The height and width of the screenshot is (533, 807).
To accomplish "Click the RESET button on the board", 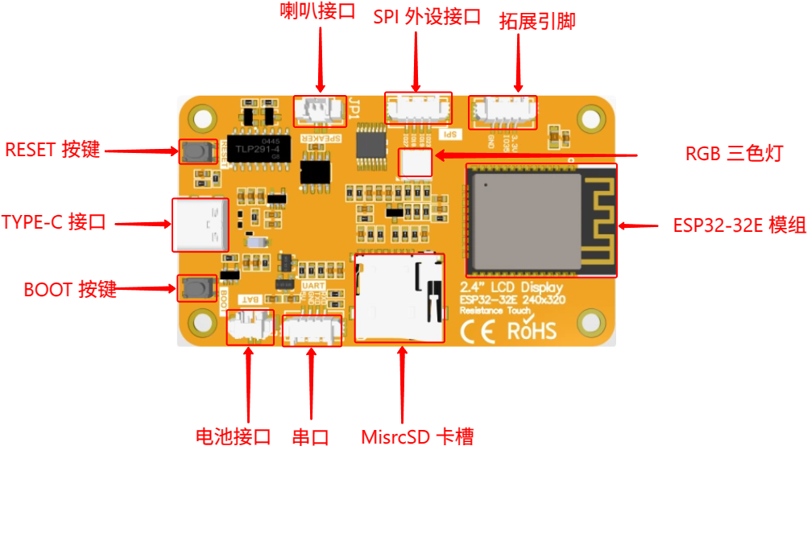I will click(192, 151).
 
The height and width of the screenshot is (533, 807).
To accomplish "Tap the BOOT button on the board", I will click(192, 287).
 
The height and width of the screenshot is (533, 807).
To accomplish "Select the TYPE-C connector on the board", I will click(201, 225).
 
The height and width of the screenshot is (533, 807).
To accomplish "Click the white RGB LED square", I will click(416, 163).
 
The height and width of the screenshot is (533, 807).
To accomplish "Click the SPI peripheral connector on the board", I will click(418, 109).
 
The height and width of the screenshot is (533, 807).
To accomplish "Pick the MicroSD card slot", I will click(399, 297).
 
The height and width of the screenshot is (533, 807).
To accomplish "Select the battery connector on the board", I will click(250, 327).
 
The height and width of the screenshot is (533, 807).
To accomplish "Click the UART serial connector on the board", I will click(312, 329).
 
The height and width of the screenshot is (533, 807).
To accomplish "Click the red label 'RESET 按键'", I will click(53, 150).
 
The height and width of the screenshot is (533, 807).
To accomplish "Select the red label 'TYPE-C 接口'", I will click(54, 223).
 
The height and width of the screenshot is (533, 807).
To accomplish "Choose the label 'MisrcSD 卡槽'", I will click(416, 437).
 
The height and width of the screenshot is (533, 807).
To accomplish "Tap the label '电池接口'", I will click(233, 437).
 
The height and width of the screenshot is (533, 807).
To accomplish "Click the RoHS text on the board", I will click(532, 330).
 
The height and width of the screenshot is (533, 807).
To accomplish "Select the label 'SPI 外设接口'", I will click(427, 17).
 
